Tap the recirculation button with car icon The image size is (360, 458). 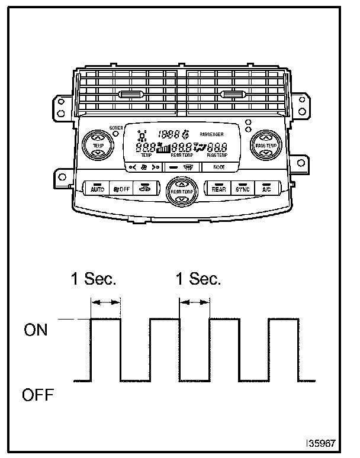(145, 189)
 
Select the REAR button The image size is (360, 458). (218, 189)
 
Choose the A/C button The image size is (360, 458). (266, 189)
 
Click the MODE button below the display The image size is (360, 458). (219, 167)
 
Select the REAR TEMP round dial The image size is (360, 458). (181, 192)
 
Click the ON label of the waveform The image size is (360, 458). (36, 330)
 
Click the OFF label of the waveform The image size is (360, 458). (38, 394)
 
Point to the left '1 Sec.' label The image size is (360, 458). (94, 279)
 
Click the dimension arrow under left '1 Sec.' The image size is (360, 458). (105, 302)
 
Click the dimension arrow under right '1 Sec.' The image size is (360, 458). (194, 302)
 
